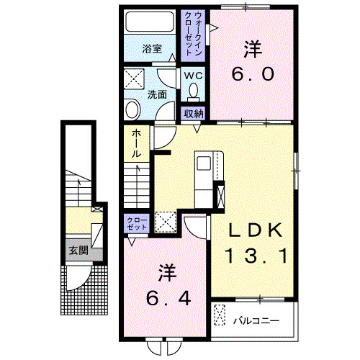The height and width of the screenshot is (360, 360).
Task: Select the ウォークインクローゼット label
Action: [195, 35]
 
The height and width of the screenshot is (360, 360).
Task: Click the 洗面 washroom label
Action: [157, 94]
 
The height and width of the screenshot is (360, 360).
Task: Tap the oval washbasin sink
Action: [132, 110]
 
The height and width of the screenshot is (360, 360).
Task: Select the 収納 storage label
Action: [192, 112]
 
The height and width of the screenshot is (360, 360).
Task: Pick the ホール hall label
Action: [135, 144]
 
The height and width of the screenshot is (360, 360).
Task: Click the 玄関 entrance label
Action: [78, 251]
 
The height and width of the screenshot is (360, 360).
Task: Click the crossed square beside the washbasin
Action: [134, 78]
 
